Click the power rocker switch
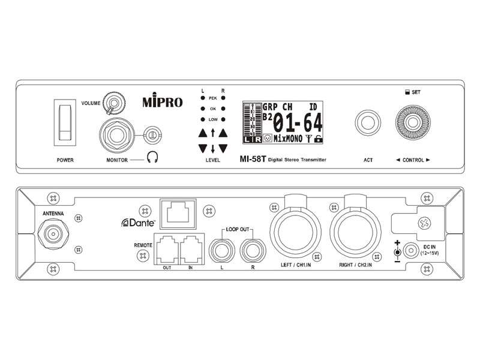(66, 120)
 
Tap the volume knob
(112, 103)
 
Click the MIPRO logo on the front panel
(163, 102)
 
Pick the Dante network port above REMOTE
(178, 212)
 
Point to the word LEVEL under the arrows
(212, 160)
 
